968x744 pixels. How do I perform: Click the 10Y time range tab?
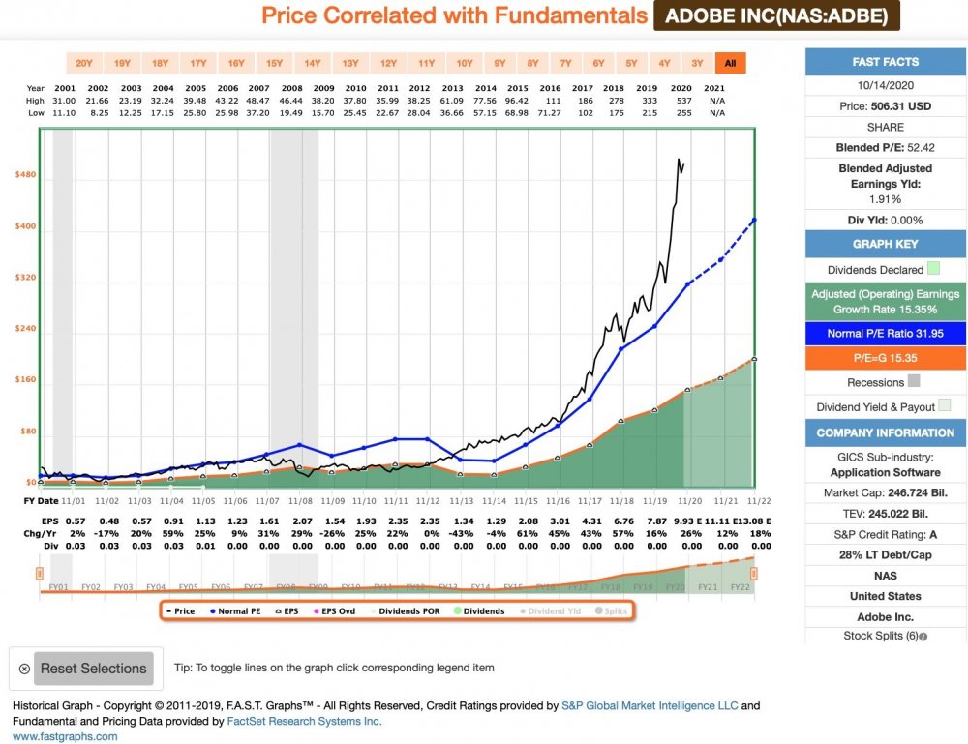pyautogui.click(x=465, y=64)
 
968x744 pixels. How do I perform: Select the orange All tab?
pyautogui.click(x=730, y=64)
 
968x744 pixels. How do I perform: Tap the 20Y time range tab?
pyautogui.click(x=84, y=64)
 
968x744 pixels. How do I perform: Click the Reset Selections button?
pyautogui.click(x=93, y=668)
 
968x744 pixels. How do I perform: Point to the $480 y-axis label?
pyautogui.click(x=25, y=175)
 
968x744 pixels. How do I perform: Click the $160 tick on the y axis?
pyautogui.click(x=25, y=379)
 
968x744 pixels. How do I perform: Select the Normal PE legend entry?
pyautogui.click(x=236, y=611)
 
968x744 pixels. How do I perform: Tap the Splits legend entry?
pyautogui.click(x=612, y=611)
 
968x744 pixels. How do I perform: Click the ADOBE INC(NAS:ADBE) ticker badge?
pyautogui.click(x=777, y=16)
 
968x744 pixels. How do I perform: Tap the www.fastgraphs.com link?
pyautogui.click(x=65, y=735)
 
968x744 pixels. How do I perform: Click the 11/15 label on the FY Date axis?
pyautogui.click(x=526, y=501)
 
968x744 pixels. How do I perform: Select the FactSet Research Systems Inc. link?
pyautogui.click(x=304, y=721)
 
